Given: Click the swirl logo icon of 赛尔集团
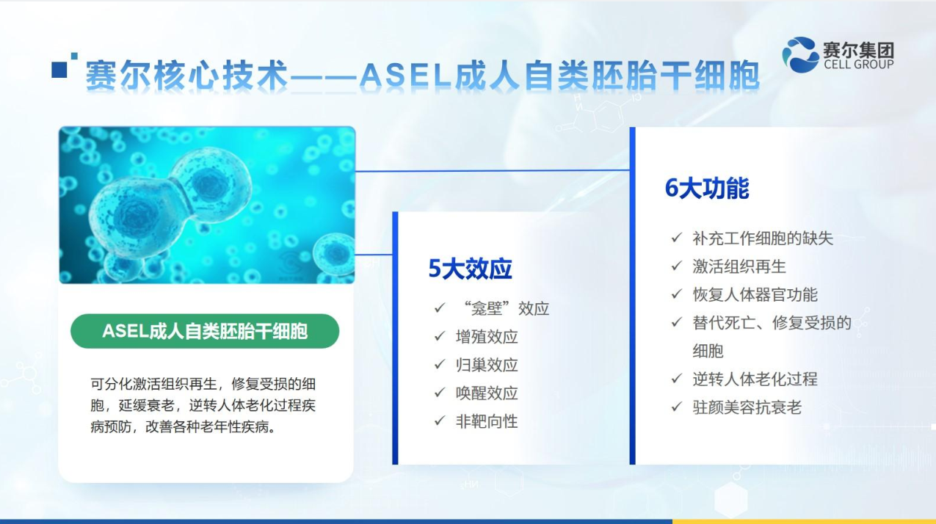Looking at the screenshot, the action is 799,55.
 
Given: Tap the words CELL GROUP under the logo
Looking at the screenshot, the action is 859,64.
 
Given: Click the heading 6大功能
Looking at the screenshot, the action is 707,189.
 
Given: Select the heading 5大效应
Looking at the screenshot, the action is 470,269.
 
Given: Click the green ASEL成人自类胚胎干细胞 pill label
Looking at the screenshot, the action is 205,331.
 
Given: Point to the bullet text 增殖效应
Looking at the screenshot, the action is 487,337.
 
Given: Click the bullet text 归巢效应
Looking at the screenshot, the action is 487,365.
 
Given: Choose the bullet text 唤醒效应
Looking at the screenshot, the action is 487,393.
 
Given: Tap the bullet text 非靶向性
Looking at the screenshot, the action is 487,421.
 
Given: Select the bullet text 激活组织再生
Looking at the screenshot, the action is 739,266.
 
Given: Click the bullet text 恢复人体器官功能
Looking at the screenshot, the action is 755,294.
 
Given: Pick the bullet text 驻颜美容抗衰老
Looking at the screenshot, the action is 747,407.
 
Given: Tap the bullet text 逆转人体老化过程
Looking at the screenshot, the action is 755,379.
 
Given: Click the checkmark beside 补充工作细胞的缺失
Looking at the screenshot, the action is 677,238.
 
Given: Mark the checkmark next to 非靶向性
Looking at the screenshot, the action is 440,421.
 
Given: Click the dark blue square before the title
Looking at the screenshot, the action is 59,70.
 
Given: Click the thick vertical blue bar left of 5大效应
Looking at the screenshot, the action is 395,338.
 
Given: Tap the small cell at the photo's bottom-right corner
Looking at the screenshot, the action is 334,255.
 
